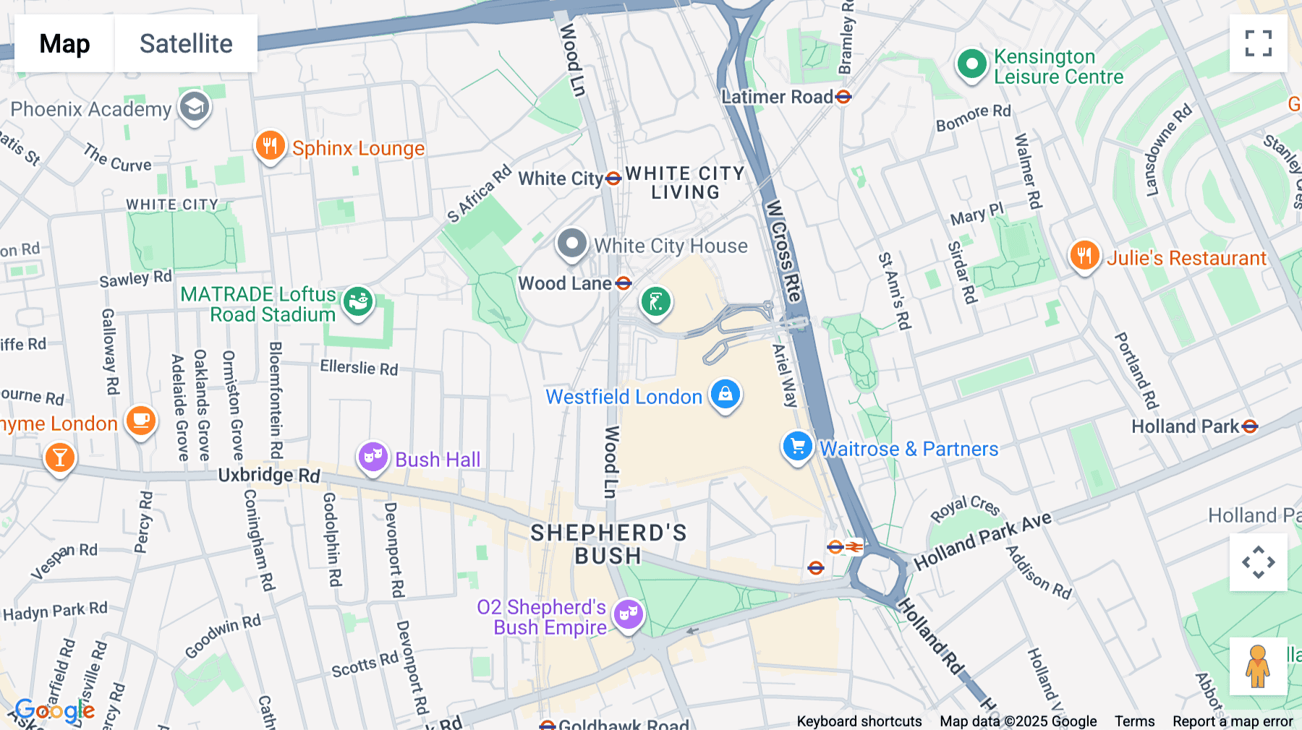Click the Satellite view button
point(186,43)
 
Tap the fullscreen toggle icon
point(1258,43)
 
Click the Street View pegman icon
point(1258,666)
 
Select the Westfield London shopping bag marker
point(725,395)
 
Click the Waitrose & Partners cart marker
point(797,447)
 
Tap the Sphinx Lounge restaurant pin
point(270,147)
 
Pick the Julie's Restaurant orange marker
point(1084,256)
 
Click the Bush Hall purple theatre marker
point(373,458)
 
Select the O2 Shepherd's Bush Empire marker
point(628,615)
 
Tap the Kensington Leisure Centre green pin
point(971,65)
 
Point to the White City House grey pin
point(571,244)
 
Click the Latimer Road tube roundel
point(843,97)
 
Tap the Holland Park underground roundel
point(1249,427)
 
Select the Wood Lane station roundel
point(624,283)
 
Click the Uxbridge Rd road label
point(269,475)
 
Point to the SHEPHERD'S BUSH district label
point(608,544)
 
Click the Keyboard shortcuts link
point(859,721)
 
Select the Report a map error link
point(1233,721)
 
